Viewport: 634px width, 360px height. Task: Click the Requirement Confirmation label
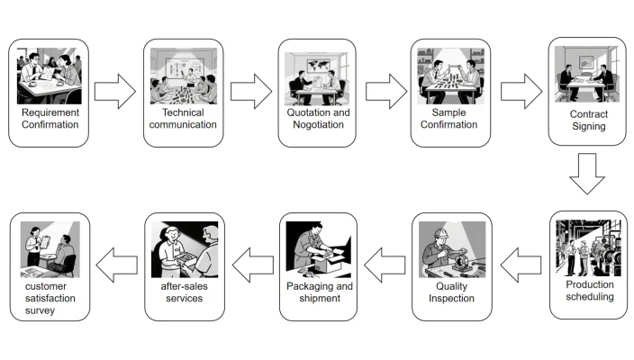tap(51, 119)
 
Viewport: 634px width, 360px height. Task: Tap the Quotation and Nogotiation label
tap(318, 119)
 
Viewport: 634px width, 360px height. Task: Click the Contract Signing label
tap(588, 121)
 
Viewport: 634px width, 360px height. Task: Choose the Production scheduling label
tap(589, 291)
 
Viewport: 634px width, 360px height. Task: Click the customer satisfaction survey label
tap(51, 298)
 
